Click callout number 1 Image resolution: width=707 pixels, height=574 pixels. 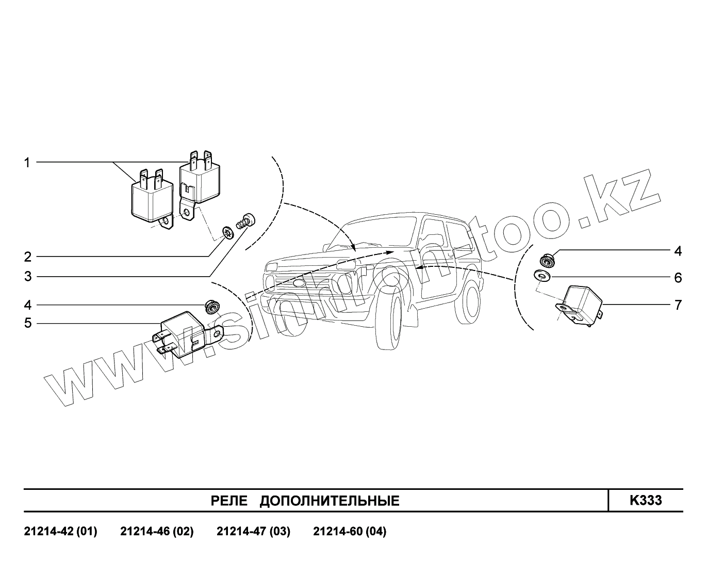[27, 163]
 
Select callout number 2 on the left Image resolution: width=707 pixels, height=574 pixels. [27, 257]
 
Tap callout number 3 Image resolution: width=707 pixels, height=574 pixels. [27, 277]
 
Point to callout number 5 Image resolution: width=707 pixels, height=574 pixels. [27, 324]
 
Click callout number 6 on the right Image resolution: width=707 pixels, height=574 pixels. [678, 278]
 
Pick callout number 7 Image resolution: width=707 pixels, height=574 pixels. [678, 305]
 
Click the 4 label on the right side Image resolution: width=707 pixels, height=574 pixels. [678, 251]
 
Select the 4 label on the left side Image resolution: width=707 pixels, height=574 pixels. [27, 305]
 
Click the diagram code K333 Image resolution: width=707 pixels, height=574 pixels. [645, 500]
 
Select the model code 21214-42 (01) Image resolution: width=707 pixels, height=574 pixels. [60, 531]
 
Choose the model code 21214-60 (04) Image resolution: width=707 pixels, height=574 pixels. [350, 531]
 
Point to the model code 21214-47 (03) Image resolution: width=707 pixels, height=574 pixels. [253, 531]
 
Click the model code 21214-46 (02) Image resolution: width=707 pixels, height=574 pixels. [157, 531]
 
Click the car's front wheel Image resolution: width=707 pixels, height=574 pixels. [389, 321]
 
